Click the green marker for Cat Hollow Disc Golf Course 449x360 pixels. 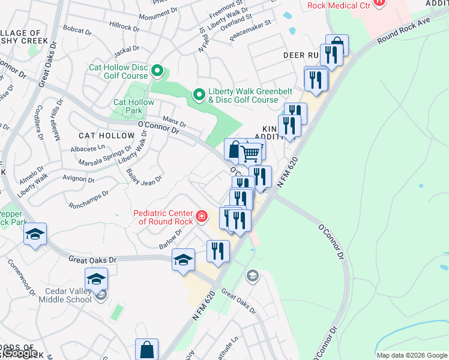click(x=157, y=71)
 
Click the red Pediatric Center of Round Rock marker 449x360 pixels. click(x=202, y=216)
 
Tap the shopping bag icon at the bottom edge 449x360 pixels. click(x=146, y=350)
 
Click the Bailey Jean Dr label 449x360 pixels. click(x=144, y=179)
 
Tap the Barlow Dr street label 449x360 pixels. click(x=170, y=239)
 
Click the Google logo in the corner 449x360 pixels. click(x=20, y=353)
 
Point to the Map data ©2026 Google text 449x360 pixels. click(x=412, y=355)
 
